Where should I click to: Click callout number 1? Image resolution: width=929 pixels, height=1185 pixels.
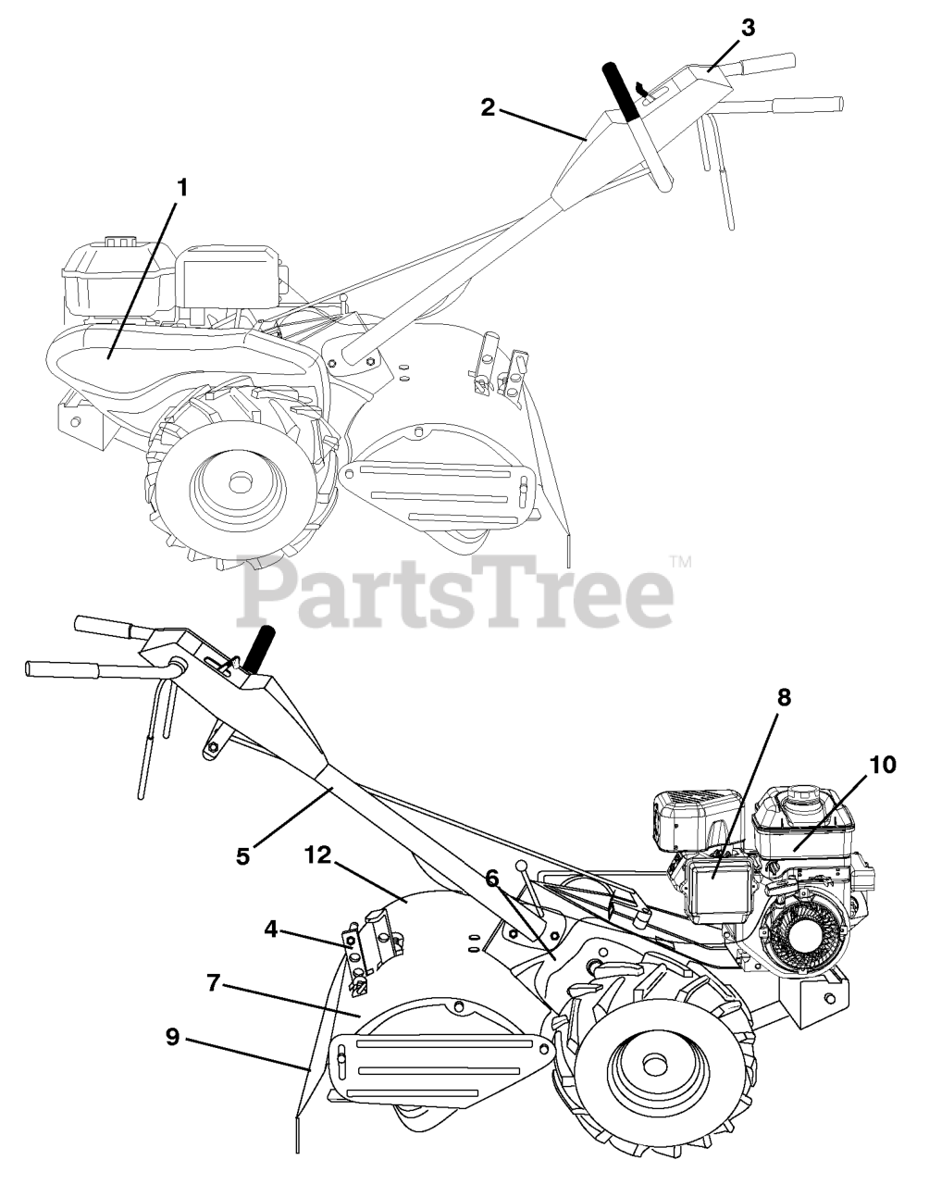coord(182,188)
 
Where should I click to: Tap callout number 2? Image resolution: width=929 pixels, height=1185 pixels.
coord(487,106)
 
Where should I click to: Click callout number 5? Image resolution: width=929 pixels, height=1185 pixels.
coord(242,855)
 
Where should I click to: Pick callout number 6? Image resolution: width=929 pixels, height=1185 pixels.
coord(491,875)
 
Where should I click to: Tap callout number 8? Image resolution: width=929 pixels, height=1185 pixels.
coord(784,698)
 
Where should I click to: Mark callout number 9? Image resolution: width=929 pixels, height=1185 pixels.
coord(173,1038)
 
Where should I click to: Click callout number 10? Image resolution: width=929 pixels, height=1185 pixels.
coord(883,765)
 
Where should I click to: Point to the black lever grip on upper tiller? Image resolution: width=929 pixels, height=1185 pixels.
coord(621,92)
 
